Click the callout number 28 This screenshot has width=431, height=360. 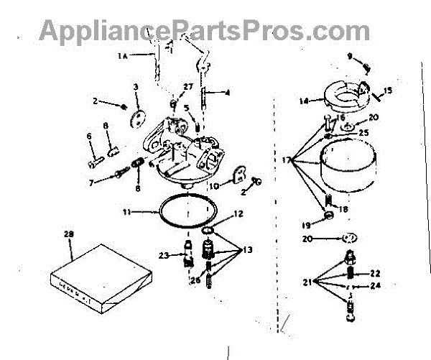coord(68,234)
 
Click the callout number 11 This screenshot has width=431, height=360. coord(126,212)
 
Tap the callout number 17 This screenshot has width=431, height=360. coord(286,160)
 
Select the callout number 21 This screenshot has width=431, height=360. coord(307,283)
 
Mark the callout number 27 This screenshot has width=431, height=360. coord(187,87)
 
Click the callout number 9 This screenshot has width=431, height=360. coord(351,55)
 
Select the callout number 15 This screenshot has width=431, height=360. coord(387,91)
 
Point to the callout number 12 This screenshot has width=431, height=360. coord(239,213)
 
